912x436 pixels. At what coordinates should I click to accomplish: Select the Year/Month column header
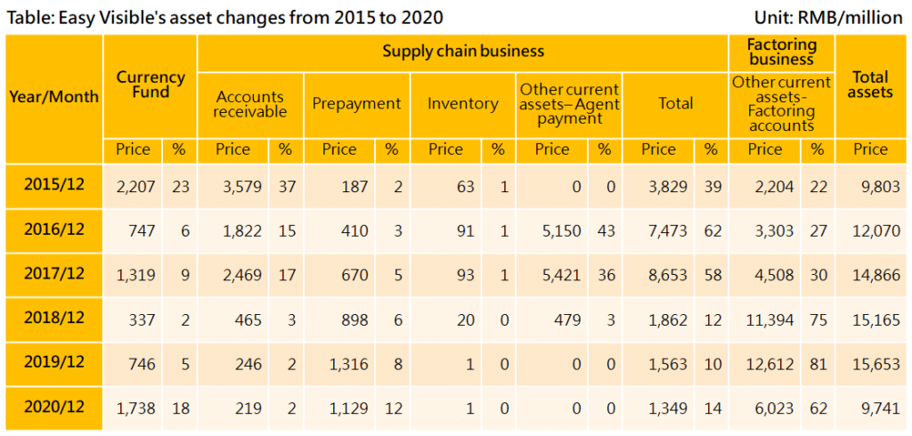(x=53, y=97)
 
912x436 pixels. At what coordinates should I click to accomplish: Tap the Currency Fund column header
(x=151, y=85)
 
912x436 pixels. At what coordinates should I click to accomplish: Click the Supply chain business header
(x=463, y=51)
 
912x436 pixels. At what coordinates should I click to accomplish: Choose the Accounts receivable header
(x=250, y=104)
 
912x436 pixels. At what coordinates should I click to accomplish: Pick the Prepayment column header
(x=356, y=104)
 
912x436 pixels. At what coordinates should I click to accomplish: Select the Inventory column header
(x=462, y=104)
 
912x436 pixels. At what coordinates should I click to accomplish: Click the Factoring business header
(x=781, y=52)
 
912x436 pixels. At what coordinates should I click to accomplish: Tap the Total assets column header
(x=870, y=85)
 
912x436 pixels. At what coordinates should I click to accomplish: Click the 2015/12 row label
(x=53, y=187)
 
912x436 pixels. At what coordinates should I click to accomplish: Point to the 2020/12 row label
(x=53, y=408)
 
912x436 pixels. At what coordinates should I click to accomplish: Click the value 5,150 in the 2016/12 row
(x=562, y=231)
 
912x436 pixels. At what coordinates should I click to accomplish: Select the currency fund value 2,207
(x=136, y=187)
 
